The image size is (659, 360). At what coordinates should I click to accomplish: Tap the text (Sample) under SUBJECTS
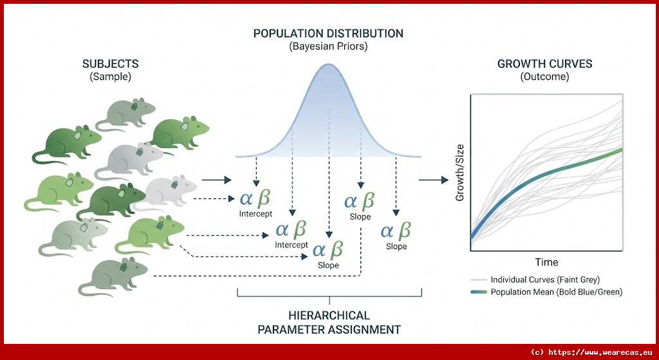[x=110, y=77]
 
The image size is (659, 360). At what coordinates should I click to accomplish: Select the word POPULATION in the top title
[x=287, y=33]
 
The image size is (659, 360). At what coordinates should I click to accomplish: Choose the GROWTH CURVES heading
[x=544, y=64]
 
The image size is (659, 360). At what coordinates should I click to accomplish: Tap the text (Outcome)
[x=544, y=77]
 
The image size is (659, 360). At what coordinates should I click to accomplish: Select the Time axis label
[x=546, y=262]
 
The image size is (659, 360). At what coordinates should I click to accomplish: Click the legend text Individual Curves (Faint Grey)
[x=545, y=279]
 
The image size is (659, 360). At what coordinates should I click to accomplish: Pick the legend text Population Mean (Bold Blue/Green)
[x=557, y=292]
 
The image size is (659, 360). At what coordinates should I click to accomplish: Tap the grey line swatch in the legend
[x=478, y=279]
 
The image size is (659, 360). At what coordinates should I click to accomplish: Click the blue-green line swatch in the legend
[x=478, y=292]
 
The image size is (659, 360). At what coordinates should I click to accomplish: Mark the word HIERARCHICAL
[x=329, y=316]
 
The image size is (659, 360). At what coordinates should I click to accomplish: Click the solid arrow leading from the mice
[x=215, y=180]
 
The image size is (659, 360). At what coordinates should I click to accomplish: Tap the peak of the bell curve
[x=329, y=65]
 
